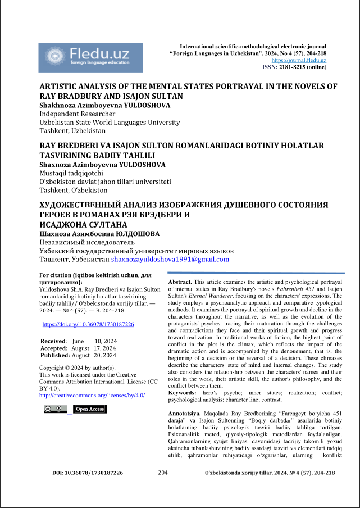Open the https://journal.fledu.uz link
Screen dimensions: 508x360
click(299, 60)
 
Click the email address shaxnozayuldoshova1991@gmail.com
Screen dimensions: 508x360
click(170, 260)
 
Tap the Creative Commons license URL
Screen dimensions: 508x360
click(92, 395)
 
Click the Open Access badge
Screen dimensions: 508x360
click(89, 409)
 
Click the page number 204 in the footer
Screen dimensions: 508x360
click(163, 473)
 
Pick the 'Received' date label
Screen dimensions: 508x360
click(53, 341)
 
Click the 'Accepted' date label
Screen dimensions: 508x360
click(54, 348)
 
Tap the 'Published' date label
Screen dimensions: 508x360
click(55, 355)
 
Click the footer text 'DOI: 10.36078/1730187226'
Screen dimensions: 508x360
click(88, 473)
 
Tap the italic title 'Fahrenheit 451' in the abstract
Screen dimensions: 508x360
click(300, 288)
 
